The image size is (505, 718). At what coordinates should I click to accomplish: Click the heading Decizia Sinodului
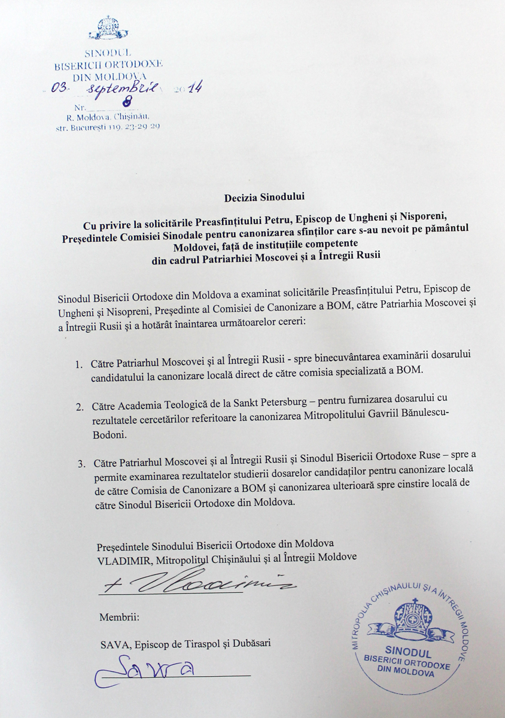(252, 196)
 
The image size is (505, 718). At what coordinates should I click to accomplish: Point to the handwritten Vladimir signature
(197, 582)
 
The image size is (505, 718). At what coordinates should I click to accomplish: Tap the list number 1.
(79, 364)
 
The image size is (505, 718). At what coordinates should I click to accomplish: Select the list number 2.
(79, 407)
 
